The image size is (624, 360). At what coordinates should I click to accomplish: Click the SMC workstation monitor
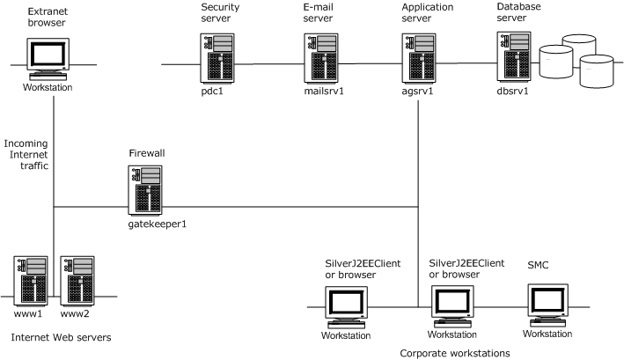547,305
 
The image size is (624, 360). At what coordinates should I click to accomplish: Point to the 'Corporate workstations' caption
454,353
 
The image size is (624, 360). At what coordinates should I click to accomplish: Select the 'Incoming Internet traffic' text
26,154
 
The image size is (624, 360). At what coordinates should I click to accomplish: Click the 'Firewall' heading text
146,153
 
